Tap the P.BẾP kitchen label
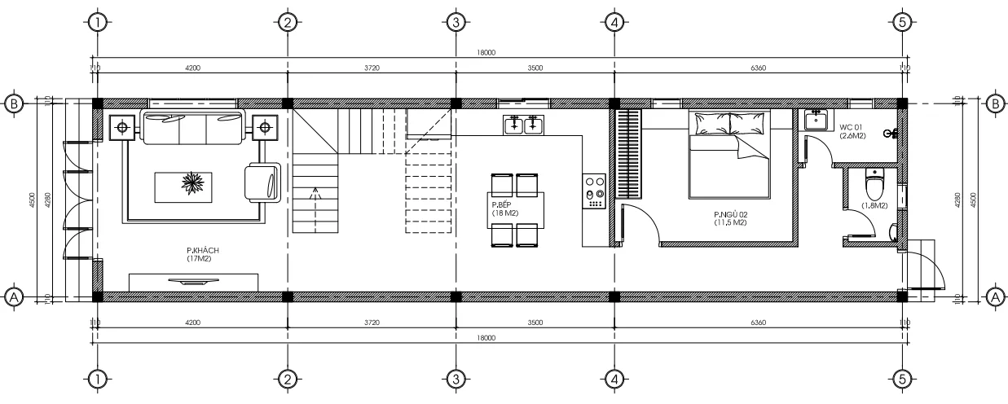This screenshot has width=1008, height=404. [x=500, y=205]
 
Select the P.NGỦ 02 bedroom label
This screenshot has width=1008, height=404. [x=731, y=214]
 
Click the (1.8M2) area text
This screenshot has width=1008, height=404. [x=874, y=206]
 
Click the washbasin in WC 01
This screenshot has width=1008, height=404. [x=816, y=119]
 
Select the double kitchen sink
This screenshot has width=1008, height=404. [x=522, y=125]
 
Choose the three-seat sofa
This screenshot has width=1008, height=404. [x=193, y=126]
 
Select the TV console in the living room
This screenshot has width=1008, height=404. [x=194, y=282]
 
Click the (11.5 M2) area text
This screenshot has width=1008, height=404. [x=731, y=222]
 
